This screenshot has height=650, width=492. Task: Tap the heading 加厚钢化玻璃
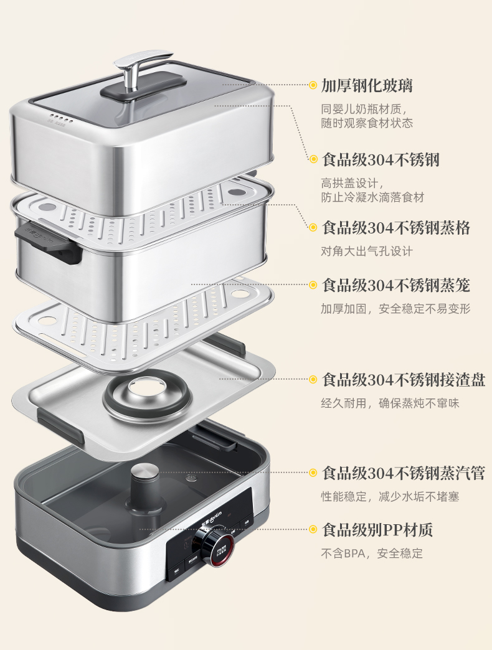(x=367, y=85)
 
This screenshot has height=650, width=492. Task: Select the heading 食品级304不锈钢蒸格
(x=396, y=228)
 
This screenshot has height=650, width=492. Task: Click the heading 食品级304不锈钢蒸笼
(x=396, y=285)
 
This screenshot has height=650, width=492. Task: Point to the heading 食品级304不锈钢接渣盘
(x=404, y=379)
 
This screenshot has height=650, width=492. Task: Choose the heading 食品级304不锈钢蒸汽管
(x=404, y=473)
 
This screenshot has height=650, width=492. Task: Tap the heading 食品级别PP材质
(x=377, y=529)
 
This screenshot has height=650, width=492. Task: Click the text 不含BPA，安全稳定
(x=372, y=553)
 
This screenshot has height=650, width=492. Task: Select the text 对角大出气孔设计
(x=367, y=251)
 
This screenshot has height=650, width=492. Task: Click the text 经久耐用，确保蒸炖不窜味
(x=390, y=403)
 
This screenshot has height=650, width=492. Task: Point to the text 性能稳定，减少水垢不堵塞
(x=390, y=496)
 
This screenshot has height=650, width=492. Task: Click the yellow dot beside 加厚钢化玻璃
(x=313, y=85)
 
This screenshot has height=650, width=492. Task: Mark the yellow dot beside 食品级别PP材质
(x=313, y=529)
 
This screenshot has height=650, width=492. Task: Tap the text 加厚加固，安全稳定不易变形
(x=395, y=308)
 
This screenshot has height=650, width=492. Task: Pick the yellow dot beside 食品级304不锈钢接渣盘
(x=313, y=379)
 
